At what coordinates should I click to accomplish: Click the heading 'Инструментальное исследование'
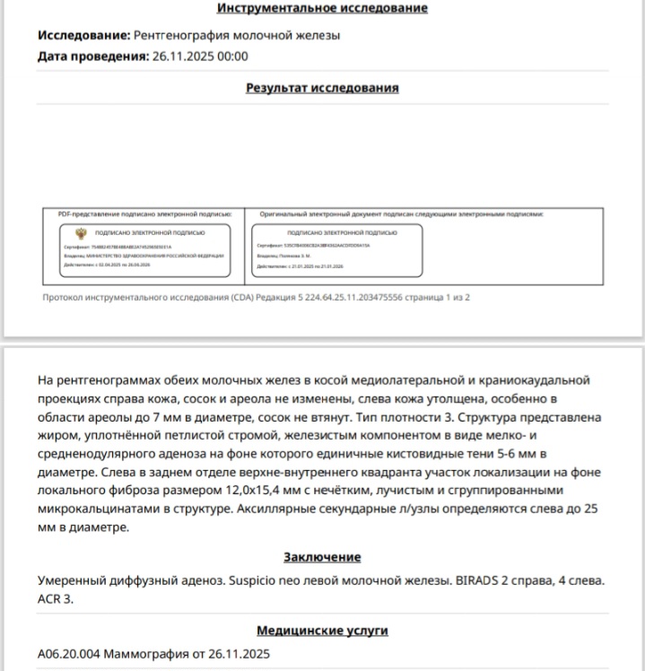click(x=322, y=8)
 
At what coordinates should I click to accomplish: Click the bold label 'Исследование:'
click(x=83, y=36)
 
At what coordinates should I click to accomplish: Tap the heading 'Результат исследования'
click(x=322, y=88)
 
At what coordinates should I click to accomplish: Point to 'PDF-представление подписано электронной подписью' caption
click(x=144, y=214)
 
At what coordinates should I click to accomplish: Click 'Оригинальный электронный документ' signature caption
click(x=402, y=214)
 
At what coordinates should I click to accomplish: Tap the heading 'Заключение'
click(x=322, y=557)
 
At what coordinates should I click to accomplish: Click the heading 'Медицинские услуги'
click(x=322, y=631)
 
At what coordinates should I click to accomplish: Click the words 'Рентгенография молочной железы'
click(x=237, y=36)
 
